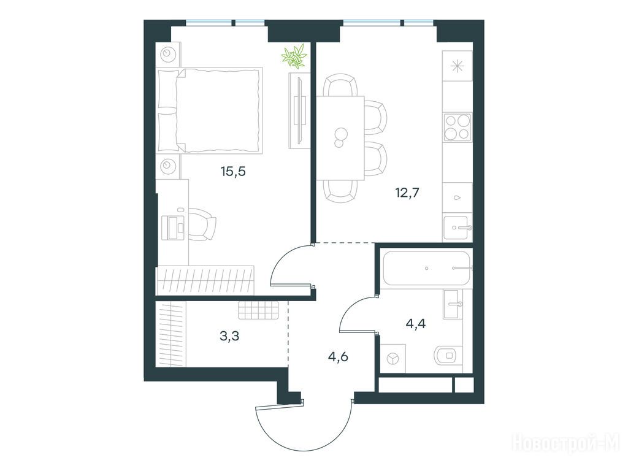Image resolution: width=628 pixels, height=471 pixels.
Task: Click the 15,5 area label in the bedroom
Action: pos(232,172)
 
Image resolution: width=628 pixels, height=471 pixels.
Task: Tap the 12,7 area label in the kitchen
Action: pos(407,193)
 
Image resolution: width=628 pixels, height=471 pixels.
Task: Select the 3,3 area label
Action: pos(229,335)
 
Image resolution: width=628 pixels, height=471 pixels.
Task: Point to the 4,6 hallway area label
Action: pos(338,356)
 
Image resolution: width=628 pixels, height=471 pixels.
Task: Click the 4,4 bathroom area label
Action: pos(416,323)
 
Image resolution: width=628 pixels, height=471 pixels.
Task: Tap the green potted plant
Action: pos(294,56)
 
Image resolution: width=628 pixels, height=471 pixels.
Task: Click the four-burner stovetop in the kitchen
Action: pos(457,128)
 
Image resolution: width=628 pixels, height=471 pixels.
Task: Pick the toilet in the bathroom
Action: pos(448,354)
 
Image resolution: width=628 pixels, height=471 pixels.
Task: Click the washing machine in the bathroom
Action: pos(392,358)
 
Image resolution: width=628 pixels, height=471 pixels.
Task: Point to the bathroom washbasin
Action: pos(453,304)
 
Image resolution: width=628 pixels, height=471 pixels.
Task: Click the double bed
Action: pos(210,110)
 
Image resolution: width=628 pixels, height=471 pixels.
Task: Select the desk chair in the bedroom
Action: pos(202,224)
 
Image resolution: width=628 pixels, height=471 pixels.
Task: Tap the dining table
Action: pos(340,138)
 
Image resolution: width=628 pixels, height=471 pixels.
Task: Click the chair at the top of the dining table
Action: pos(340,86)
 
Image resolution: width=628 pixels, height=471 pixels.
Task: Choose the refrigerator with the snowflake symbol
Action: pos(458,66)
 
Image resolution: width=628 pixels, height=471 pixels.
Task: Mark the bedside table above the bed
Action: pos(168,54)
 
